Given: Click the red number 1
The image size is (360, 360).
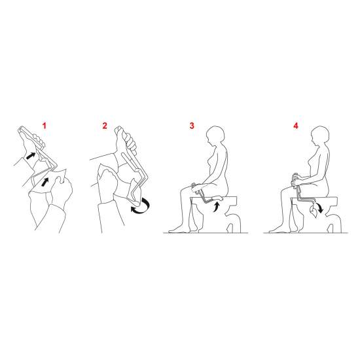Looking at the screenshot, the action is pyautogui.click(x=45, y=126).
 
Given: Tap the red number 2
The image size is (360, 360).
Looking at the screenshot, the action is pyautogui.click(x=105, y=126).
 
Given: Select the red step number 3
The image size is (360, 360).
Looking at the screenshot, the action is pyautogui.click(x=192, y=126).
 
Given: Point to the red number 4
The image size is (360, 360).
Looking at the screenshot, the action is pyautogui.click(x=296, y=126).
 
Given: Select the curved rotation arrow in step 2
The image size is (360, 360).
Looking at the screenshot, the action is pyautogui.click(x=141, y=206).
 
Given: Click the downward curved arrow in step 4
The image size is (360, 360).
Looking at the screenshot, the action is pyautogui.click(x=319, y=207).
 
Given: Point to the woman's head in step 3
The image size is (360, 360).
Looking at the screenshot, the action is pyautogui.click(x=215, y=135).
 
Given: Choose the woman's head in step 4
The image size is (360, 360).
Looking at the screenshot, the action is pyautogui.click(x=319, y=135).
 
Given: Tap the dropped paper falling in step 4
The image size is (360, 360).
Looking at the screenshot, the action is pyautogui.click(x=314, y=211).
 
